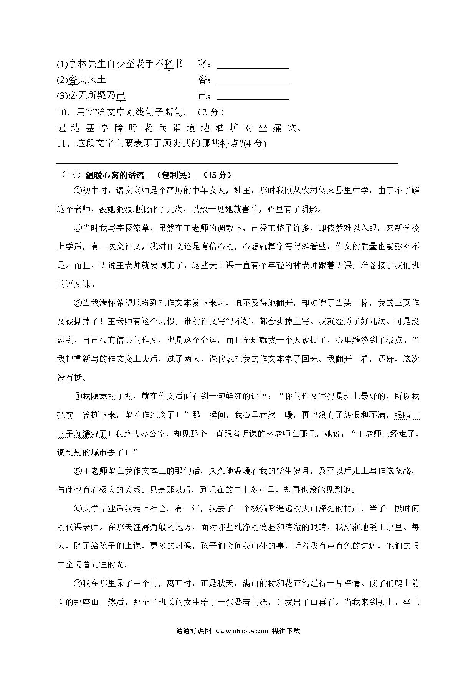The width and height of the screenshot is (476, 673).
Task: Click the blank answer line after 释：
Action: click(x=253, y=68)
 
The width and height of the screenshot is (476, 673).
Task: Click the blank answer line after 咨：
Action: click(x=253, y=83)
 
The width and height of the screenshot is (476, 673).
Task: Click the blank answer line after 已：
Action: click(x=253, y=99)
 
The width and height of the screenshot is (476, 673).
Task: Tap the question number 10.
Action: click(x=63, y=112)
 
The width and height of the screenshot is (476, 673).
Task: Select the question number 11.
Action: click(x=63, y=144)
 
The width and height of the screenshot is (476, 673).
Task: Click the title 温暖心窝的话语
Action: click(x=115, y=175)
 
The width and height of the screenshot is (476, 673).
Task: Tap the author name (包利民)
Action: click(x=174, y=175)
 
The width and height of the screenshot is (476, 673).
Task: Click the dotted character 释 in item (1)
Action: click(x=169, y=64)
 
